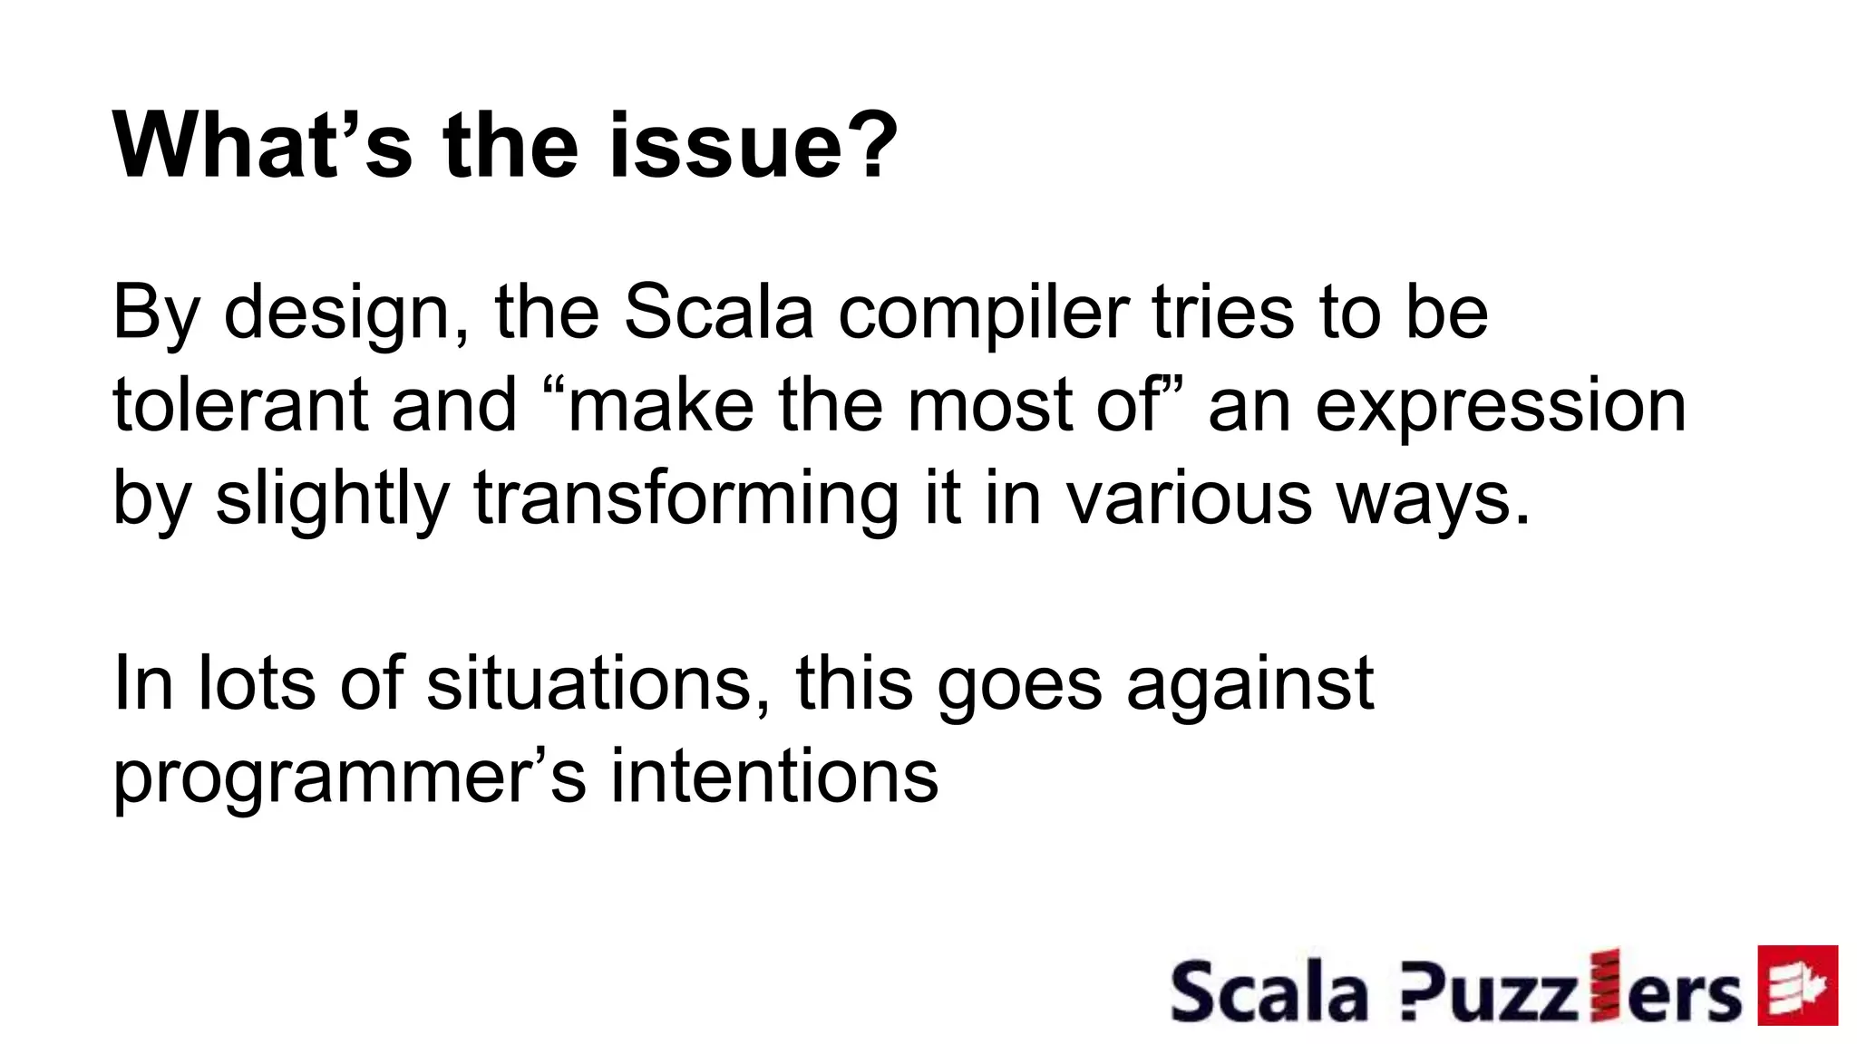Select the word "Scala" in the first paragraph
719,313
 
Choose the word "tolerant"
239,405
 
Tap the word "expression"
1501,407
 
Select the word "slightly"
332,499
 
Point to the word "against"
1249,685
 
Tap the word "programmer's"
350,778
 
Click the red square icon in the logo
1797,985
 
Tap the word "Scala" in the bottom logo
1269,992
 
